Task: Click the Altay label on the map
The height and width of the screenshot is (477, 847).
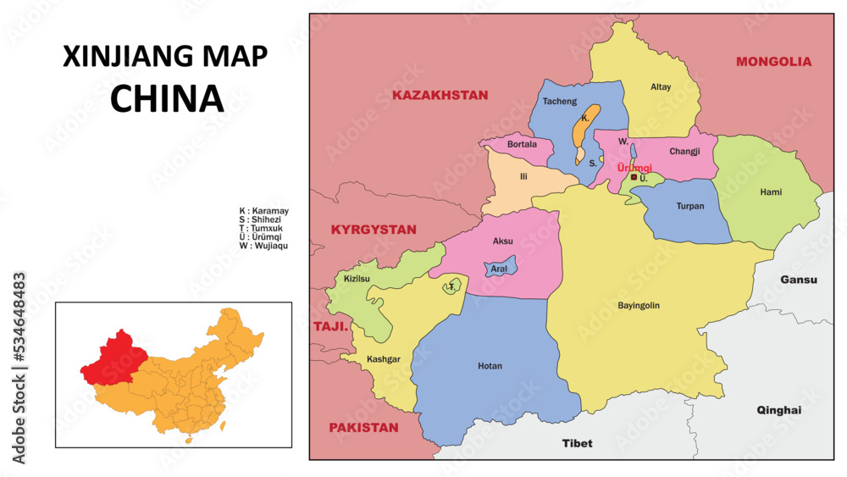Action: [x=661, y=86]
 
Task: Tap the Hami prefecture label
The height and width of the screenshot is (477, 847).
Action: [x=771, y=192]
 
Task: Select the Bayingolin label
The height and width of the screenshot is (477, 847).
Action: [x=639, y=305]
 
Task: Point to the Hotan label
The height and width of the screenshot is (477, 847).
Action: [x=490, y=366]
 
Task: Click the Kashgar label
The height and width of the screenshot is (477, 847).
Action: [x=383, y=359]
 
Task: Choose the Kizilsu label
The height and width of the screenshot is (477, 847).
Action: [x=357, y=278]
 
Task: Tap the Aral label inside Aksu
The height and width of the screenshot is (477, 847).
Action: [x=498, y=269]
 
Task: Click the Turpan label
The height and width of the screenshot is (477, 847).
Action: [x=690, y=206]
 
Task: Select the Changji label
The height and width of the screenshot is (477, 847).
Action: [x=684, y=152]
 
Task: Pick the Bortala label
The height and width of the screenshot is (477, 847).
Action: [x=522, y=144]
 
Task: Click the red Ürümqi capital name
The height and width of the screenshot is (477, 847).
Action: [x=634, y=168]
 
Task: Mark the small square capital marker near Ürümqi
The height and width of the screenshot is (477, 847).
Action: [x=634, y=178]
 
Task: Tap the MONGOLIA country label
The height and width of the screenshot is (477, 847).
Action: [x=773, y=61]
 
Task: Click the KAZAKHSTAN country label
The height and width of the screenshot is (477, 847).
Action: [x=440, y=95]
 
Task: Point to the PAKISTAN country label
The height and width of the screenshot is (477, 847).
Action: [x=363, y=428]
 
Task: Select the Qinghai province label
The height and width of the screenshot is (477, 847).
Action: [x=778, y=410]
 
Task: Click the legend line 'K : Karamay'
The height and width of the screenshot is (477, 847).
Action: [x=264, y=210]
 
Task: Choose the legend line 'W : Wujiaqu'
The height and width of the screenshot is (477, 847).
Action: [x=264, y=246]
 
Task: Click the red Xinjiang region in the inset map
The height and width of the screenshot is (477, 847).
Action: [x=114, y=356]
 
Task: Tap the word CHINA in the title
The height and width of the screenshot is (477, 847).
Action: [x=167, y=98]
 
